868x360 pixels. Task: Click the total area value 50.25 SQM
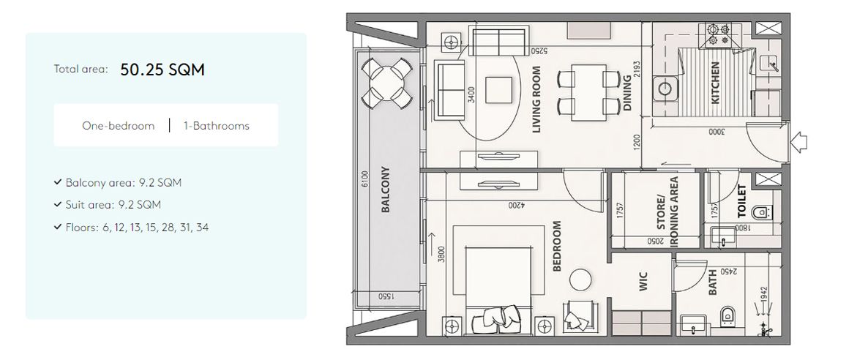click(162, 70)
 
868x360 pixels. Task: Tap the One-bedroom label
click(118, 126)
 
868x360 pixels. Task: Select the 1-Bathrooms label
click(216, 126)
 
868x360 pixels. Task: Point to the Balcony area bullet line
click(118, 183)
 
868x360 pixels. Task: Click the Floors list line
click(131, 228)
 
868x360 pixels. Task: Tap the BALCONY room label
click(386, 189)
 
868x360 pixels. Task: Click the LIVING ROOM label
click(536, 100)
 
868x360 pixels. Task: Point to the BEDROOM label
click(557, 246)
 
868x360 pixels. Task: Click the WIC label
click(644, 282)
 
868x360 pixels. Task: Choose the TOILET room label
click(741, 201)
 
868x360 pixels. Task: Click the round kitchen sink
click(665, 89)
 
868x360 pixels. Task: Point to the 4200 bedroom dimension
click(517, 206)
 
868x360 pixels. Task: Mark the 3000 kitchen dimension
click(716, 132)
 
